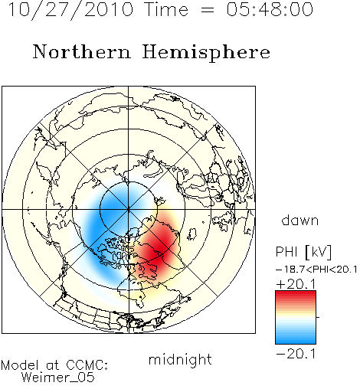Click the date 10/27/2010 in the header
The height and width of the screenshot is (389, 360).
click(70, 9)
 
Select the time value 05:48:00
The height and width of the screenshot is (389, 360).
click(270, 9)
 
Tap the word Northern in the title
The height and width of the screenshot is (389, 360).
click(82, 51)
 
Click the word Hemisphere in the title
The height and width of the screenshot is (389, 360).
click(206, 52)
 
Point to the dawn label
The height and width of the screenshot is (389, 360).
click(300, 220)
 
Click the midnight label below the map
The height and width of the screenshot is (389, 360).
click(180, 360)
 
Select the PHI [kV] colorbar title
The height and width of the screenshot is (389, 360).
click(303, 252)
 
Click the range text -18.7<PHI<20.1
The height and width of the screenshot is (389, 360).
click(316, 270)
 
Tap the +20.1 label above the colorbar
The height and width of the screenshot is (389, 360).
click(296, 284)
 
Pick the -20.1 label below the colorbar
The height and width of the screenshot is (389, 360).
click(296, 354)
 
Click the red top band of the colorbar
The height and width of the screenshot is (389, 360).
click(296, 295)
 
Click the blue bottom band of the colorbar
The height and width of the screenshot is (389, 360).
click(296, 339)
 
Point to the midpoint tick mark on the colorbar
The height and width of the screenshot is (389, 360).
click(318, 317)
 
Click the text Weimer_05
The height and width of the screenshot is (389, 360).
click(58, 378)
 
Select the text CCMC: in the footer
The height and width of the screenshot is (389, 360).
click(87, 365)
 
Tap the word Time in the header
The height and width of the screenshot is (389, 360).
click(166, 9)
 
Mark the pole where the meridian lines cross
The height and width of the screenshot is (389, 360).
click(128, 209)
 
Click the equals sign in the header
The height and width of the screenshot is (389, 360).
click(207, 10)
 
